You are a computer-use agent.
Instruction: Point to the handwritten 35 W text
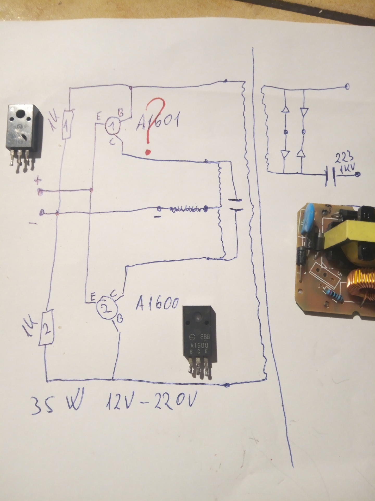[56, 405]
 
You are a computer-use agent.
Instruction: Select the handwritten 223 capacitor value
[343, 158]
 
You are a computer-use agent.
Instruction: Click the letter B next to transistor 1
[121, 114]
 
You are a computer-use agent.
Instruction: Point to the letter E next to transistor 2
[92, 297]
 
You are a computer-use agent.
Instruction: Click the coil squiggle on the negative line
[186, 209]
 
